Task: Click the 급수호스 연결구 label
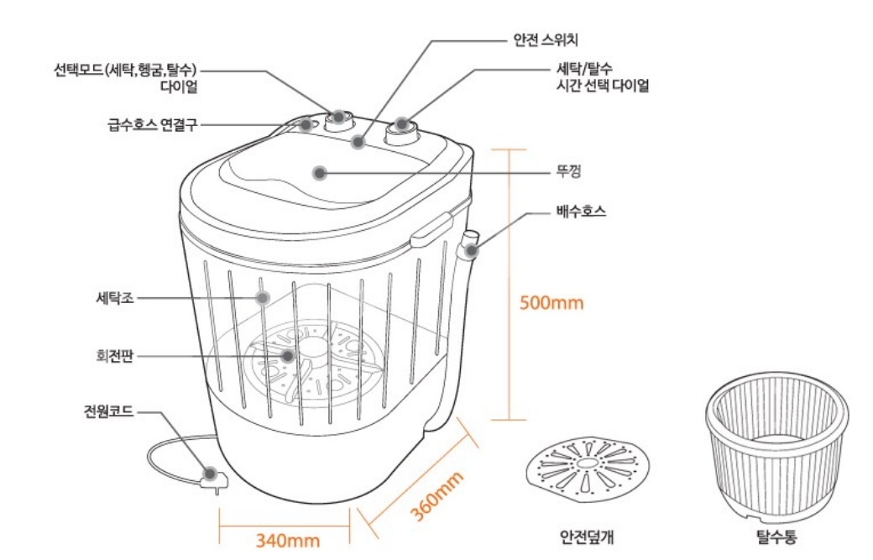click(147, 124)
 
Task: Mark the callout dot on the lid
click(319, 173)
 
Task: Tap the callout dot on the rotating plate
click(289, 355)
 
